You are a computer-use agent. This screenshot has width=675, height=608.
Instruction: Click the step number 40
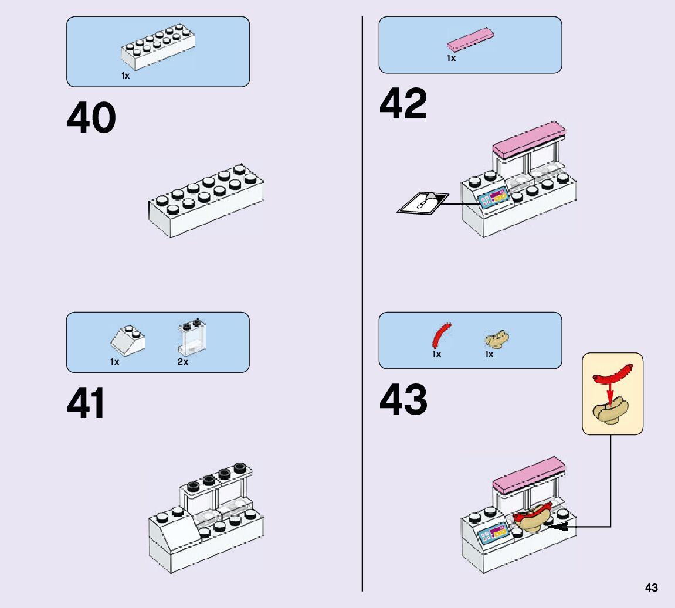click(91, 118)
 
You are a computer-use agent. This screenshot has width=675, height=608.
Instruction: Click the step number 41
click(86, 403)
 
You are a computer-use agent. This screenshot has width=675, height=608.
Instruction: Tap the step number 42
click(403, 104)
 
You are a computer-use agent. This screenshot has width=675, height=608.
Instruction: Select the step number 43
click(403, 400)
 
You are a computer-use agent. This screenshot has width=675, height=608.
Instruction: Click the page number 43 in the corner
click(651, 587)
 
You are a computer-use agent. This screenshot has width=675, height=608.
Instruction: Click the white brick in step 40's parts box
click(159, 48)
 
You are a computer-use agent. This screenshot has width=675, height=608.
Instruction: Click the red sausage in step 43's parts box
click(441, 335)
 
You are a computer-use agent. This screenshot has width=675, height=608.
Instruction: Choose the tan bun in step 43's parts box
click(497, 339)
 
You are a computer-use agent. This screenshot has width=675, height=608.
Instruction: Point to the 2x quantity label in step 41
click(183, 362)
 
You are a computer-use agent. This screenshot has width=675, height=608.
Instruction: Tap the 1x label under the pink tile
click(451, 59)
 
